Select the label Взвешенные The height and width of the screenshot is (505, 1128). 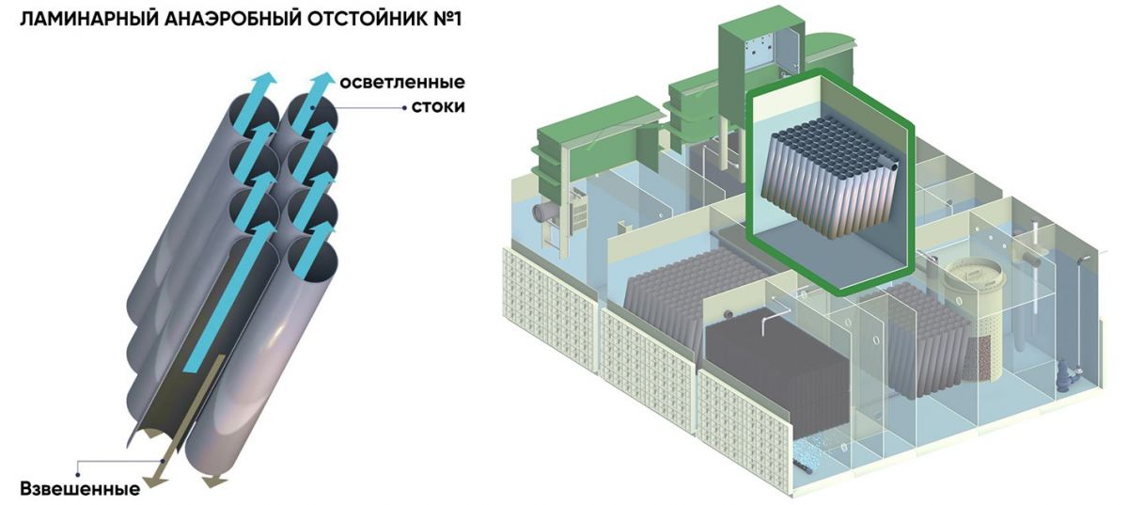pos(80,488)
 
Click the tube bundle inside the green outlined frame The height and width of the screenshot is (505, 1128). pos(832,174)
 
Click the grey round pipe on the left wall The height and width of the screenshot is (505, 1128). pos(544,213)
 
